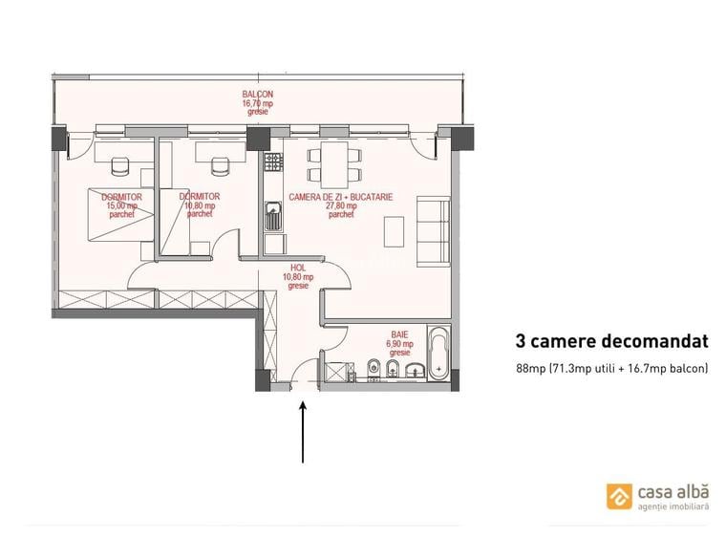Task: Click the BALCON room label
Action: coord(257,95)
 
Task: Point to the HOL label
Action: coord(296,269)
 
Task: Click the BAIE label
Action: coord(398,334)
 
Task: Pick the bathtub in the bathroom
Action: coord(439,355)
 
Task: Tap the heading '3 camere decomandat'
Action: coord(611,340)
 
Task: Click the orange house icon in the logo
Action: coord(618,496)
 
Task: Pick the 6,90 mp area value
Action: coord(398,344)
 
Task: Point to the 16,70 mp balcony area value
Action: coord(257,103)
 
